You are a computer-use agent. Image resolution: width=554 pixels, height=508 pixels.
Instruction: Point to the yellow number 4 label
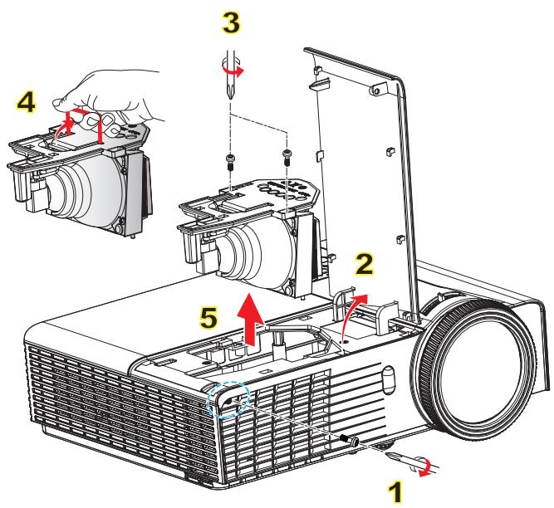[x=27, y=104]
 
